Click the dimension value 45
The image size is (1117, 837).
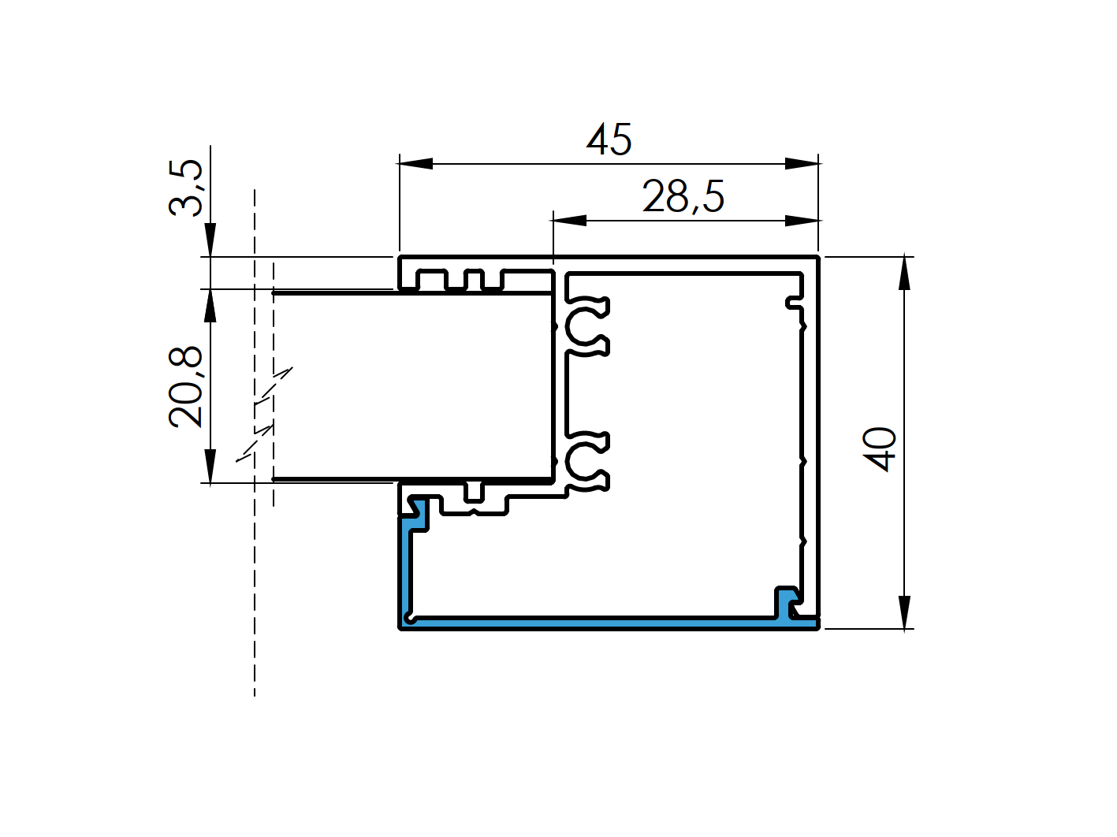[609, 139]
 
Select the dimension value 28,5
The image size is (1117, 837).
[683, 196]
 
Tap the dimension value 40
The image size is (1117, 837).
[881, 448]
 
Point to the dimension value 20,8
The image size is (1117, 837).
[187, 387]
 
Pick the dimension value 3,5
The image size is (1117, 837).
[187, 187]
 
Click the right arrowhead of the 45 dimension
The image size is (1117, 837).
[802, 163]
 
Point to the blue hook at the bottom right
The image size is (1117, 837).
[786, 602]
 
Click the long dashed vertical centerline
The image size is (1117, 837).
[255, 591]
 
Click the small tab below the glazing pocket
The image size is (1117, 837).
[474, 492]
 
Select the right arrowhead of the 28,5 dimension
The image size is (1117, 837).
[802, 220]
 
